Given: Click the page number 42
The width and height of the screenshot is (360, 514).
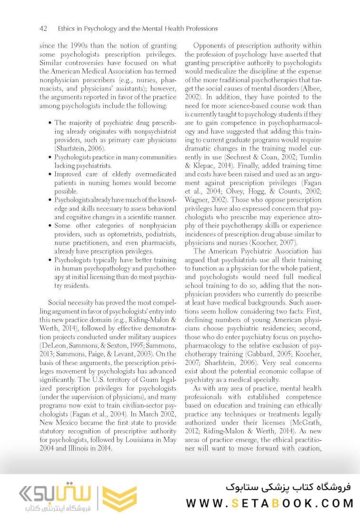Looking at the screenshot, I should (43, 29).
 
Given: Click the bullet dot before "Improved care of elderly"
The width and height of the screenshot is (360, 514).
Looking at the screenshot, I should (50, 174).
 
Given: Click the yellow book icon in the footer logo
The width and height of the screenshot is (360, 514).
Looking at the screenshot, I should (120, 498).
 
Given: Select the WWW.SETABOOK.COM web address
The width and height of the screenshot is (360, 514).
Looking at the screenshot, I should (269, 503).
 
